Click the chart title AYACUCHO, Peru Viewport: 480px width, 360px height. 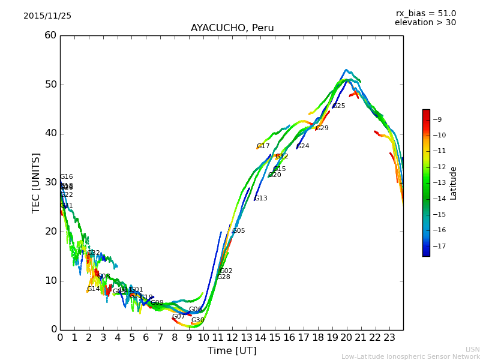pyautogui.click(x=232, y=28)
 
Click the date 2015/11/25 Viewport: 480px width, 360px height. pyautogui.click(x=47, y=16)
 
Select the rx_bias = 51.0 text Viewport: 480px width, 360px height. pyautogui.click(x=426, y=14)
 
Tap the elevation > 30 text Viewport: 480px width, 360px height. pyautogui.click(x=425, y=23)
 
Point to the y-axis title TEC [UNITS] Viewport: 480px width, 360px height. pyautogui.click(x=36, y=182)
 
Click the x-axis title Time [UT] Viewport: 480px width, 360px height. pyautogui.click(x=232, y=351)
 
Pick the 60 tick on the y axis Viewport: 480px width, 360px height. pyautogui.click(x=50, y=35)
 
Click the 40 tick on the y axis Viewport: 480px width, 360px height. pyautogui.click(x=50, y=133)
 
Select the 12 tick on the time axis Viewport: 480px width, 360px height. pyautogui.click(x=232, y=338)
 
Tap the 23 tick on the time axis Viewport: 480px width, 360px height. pyautogui.click(x=389, y=338)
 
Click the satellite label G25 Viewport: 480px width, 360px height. pyautogui.click(x=339, y=106)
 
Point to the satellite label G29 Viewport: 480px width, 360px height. pyautogui.click(x=322, y=128)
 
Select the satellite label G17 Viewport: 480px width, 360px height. pyautogui.click(x=263, y=146)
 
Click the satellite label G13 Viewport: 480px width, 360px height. pyautogui.click(x=261, y=199)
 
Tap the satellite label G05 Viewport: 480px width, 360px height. pyautogui.click(x=239, y=231)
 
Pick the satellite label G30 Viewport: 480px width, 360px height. pyautogui.click(x=198, y=320)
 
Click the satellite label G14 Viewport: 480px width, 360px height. pyautogui.click(x=94, y=289)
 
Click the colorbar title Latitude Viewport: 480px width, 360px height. pyautogui.click(x=454, y=183)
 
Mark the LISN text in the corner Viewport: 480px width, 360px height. pyautogui.click(x=473, y=349)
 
